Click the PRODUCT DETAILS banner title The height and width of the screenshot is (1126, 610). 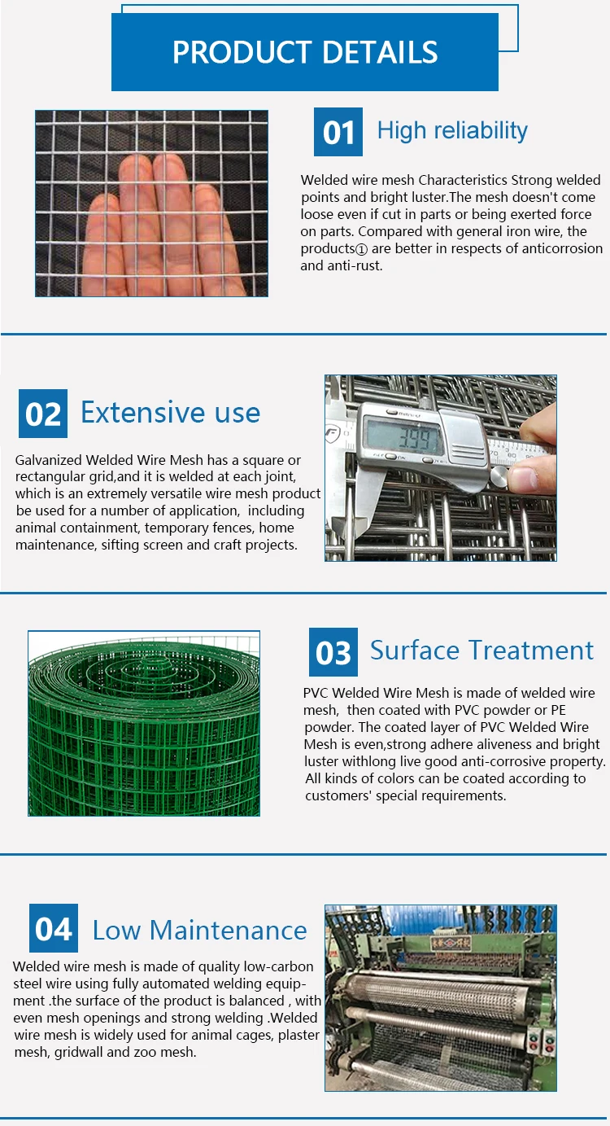pyautogui.click(x=305, y=52)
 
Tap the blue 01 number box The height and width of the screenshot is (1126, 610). pyautogui.click(x=338, y=132)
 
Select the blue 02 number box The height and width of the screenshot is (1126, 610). pyautogui.click(x=42, y=414)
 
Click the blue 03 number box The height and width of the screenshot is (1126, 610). pyautogui.click(x=333, y=652)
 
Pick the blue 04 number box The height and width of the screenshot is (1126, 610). pyautogui.click(x=54, y=928)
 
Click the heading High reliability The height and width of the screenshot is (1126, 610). pyautogui.click(x=452, y=130)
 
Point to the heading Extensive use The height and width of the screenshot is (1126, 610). pyautogui.click(x=170, y=413)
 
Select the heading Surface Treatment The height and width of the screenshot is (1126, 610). pyautogui.click(x=481, y=651)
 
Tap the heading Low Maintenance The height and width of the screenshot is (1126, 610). pyautogui.click(x=199, y=930)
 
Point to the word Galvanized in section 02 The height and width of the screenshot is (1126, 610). pyautogui.click(x=48, y=461)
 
